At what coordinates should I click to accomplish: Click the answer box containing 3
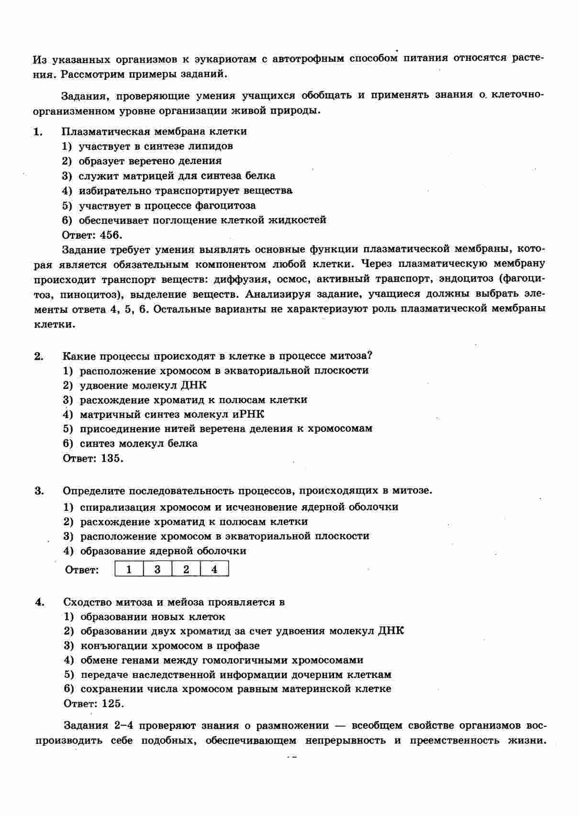click(157, 569)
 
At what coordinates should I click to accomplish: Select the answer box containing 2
click(186, 569)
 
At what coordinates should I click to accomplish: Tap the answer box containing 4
click(214, 569)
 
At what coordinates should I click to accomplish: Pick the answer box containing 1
click(129, 569)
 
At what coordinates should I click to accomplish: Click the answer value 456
click(111, 235)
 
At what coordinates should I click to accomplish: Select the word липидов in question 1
click(211, 146)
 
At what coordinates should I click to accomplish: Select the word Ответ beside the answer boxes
click(81, 570)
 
